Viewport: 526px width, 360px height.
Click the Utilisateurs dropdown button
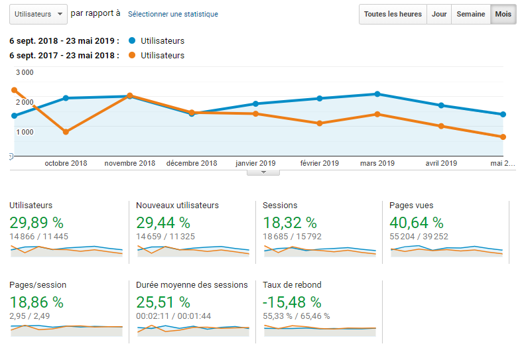click(x=38, y=14)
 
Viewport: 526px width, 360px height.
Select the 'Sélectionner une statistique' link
click(x=172, y=14)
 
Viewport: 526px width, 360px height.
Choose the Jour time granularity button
click(x=439, y=14)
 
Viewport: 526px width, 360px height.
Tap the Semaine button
click(x=470, y=14)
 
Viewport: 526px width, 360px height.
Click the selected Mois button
click(x=503, y=14)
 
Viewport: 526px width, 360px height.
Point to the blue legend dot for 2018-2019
click(x=132, y=41)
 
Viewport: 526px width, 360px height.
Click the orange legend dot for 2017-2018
click(x=132, y=56)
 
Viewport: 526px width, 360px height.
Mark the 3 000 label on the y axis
click(x=25, y=72)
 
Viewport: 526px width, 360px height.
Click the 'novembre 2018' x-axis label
click(x=130, y=163)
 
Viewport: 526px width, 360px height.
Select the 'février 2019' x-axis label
click(x=320, y=163)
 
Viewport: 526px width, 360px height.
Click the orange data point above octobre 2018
click(x=66, y=132)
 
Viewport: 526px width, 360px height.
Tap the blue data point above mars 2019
click(x=377, y=94)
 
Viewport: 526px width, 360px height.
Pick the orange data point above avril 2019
click(x=441, y=126)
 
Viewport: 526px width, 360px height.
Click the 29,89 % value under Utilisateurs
click(x=36, y=223)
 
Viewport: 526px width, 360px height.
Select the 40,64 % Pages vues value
click(x=417, y=223)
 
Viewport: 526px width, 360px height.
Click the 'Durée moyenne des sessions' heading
click(x=192, y=285)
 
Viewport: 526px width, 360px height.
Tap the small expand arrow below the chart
click(x=263, y=172)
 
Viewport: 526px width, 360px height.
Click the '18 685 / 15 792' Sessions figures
click(x=292, y=236)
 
